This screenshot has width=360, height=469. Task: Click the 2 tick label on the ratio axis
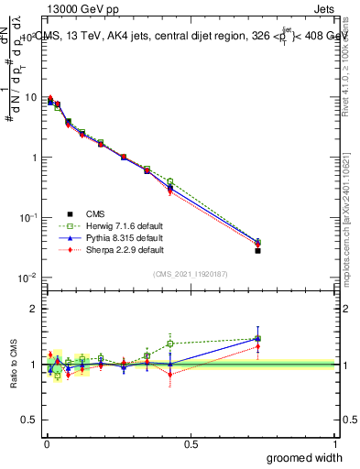point(34,309)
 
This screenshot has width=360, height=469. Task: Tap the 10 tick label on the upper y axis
point(30,97)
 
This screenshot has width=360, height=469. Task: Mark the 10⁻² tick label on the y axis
point(28,278)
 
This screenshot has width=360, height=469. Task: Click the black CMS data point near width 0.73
point(257,250)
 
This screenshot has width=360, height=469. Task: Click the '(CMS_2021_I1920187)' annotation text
point(191,273)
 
